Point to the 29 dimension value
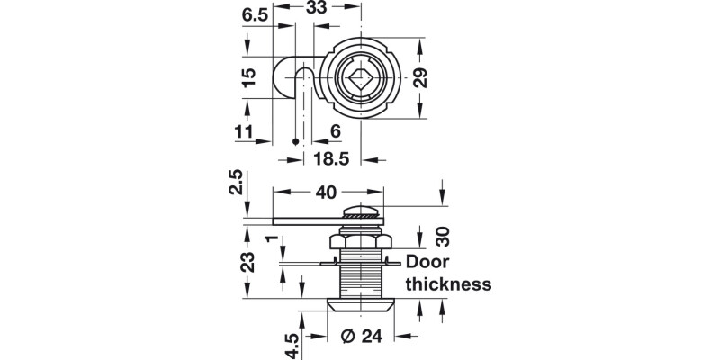(419, 78)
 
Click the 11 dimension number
(243, 132)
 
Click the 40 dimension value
(325, 193)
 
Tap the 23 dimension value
(248, 261)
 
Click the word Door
(432, 263)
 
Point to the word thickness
(447, 284)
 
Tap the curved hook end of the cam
(286, 80)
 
